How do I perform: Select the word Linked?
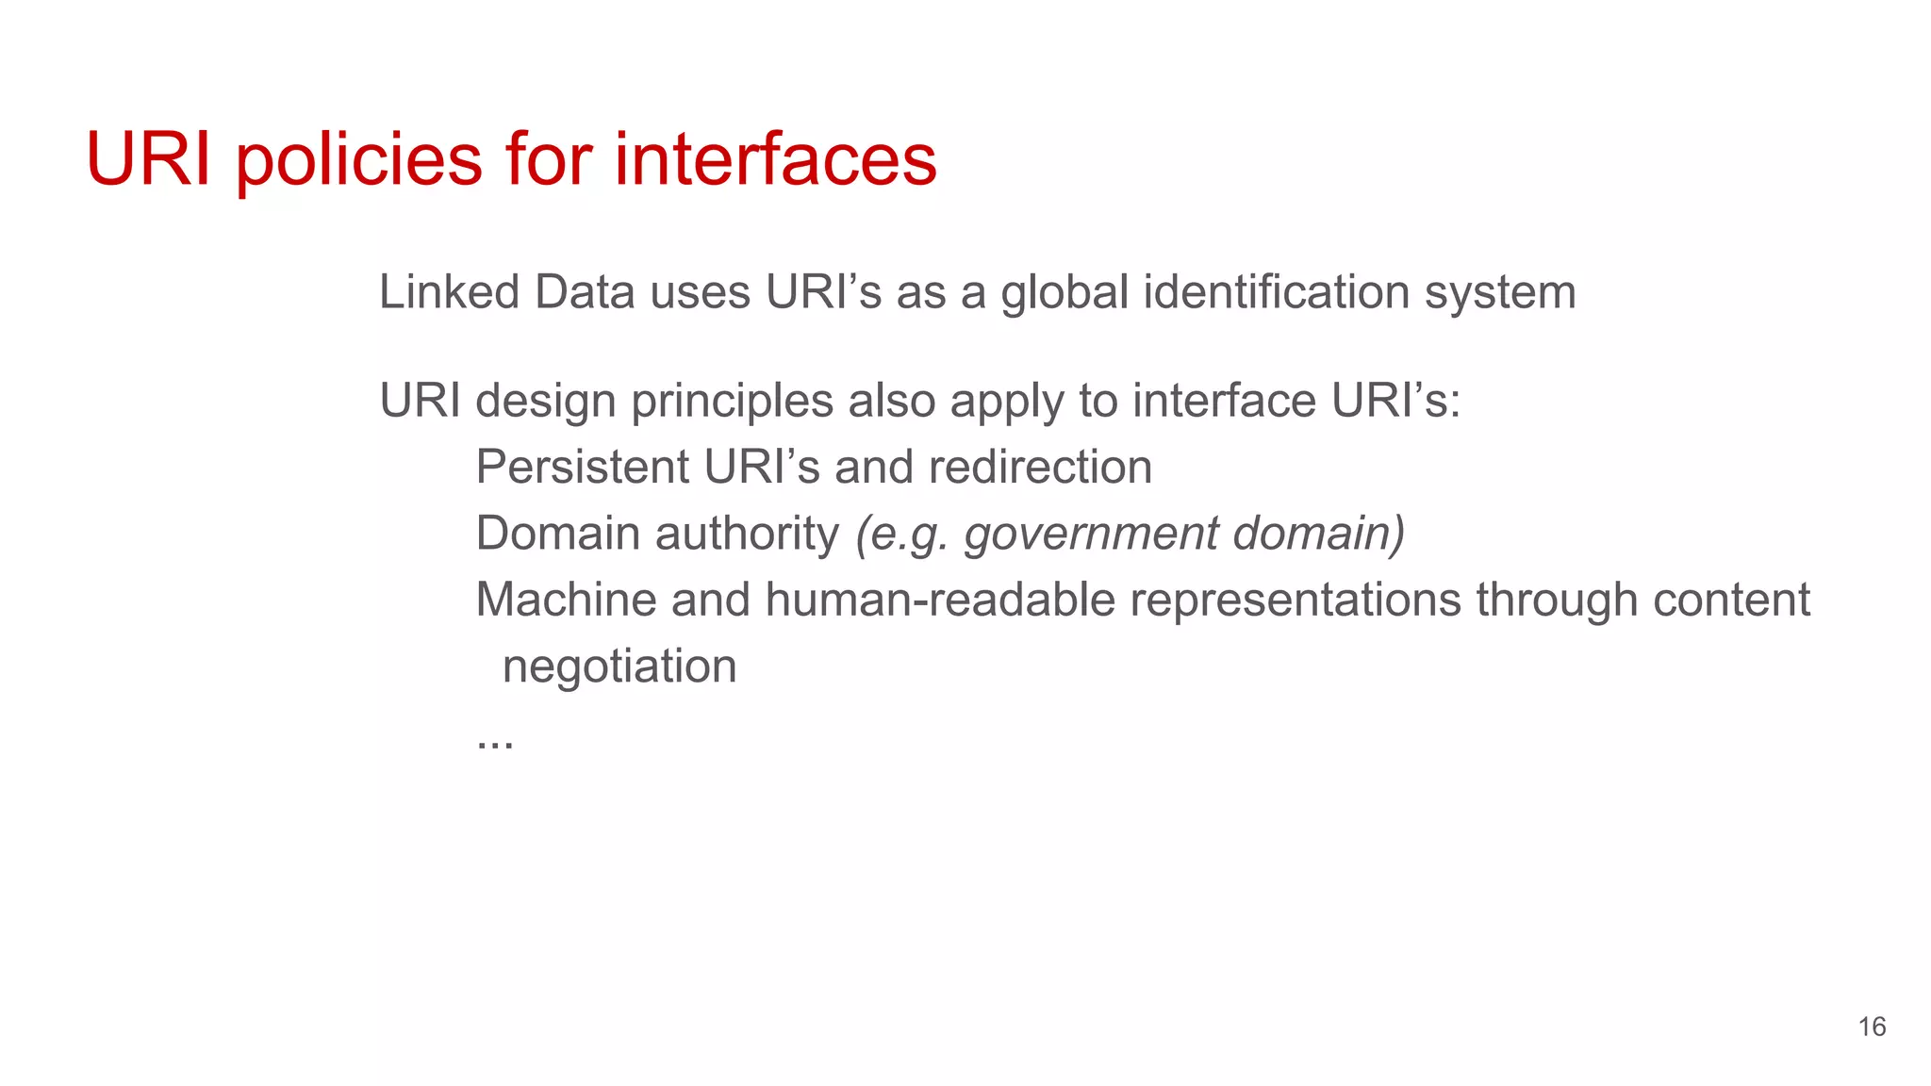pyautogui.click(x=449, y=292)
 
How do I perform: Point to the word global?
pyautogui.click(x=1065, y=292)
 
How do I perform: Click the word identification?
pyautogui.click(x=1277, y=292)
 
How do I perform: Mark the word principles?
pyautogui.click(x=732, y=402)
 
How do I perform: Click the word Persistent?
pyautogui.click(x=583, y=468)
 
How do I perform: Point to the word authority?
pyautogui.click(x=747, y=535)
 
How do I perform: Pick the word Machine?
pyautogui.click(x=566, y=601)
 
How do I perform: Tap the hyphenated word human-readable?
pyautogui.click(x=940, y=601)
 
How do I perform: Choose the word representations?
pyautogui.click(x=1295, y=601)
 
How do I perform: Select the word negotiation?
pyautogui.click(x=619, y=667)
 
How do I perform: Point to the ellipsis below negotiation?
pyautogui.click(x=495, y=743)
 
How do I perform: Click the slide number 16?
pyautogui.click(x=1872, y=1027)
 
